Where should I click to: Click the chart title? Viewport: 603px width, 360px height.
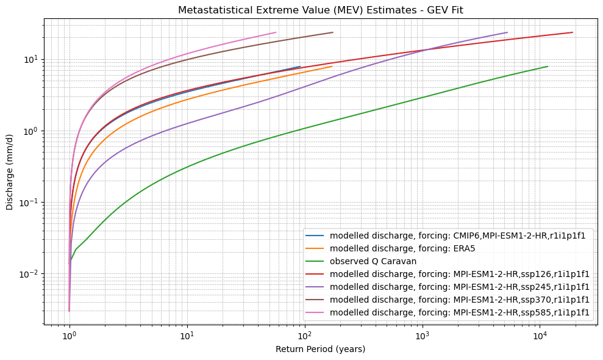(321, 10)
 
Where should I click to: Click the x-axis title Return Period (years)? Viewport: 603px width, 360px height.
(321, 349)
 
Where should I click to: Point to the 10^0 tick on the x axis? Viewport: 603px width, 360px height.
(70, 335)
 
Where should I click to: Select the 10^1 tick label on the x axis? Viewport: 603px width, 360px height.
(187, 335)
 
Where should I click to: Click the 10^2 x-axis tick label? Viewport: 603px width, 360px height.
(304, 335)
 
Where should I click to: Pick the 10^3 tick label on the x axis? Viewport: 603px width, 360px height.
(422, 335)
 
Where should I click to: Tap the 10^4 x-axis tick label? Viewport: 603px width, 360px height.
(540, 335)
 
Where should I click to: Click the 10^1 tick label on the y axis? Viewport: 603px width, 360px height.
(29, 60)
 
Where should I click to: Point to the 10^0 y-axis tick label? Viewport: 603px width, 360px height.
(29, 131)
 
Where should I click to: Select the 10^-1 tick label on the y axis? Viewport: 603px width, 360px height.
(28, 203)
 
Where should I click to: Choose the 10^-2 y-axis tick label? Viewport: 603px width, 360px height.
(28, 274)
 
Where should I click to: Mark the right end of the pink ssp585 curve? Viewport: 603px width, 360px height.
(276, 32)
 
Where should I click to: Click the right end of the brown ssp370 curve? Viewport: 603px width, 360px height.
(333, 32)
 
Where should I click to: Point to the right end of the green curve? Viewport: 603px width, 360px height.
(548, 67)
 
